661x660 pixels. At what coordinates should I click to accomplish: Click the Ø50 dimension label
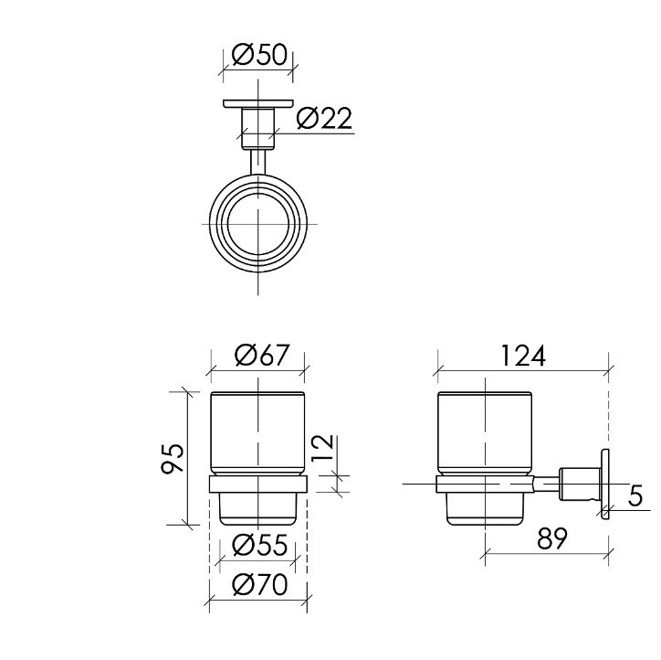[x=259, y=55]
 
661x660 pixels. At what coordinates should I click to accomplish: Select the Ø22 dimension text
[x=324, y=119]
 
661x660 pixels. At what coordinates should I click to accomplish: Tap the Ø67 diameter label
[x=263, y=355]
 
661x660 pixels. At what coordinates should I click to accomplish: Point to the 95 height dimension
[x=173, y=458]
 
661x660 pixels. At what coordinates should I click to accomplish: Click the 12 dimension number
[x=324, y=447]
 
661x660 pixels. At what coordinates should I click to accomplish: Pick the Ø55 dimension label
[x=259, y=545]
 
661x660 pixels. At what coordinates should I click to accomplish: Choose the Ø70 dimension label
[x=259, y=585]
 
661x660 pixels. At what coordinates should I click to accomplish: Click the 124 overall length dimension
[x=523, y=356]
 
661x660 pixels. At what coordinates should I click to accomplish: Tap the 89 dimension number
[x=552, y=538]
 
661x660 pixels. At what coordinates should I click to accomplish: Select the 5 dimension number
[x=635, y=495]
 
